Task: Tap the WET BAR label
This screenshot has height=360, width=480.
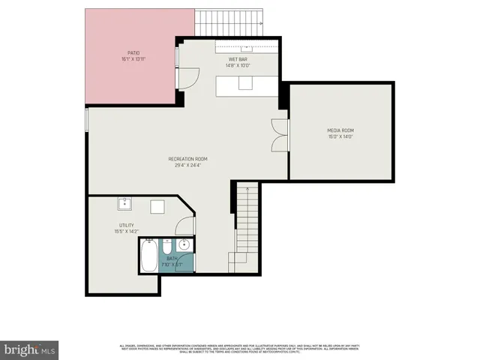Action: click(238, 58)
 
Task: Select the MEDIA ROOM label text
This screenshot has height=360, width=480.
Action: click(340, 130)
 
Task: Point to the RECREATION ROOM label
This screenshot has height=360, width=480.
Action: click(187, 159)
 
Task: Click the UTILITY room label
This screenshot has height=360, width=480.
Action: click(126, 225)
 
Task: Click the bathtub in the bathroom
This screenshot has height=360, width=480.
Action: click(149, 255)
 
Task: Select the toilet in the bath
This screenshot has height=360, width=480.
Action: click(166, 247)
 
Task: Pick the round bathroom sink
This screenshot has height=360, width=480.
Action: click(184, 245)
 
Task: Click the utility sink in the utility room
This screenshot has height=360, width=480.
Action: click(124, 203)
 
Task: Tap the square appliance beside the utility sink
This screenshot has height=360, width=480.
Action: click(158, 208)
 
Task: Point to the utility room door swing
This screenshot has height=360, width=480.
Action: click(187, 224)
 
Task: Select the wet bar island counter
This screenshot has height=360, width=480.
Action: click(247, 85)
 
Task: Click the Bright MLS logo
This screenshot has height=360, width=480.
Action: click(30, 349)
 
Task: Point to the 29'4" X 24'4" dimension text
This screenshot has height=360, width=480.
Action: click(187, 166)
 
